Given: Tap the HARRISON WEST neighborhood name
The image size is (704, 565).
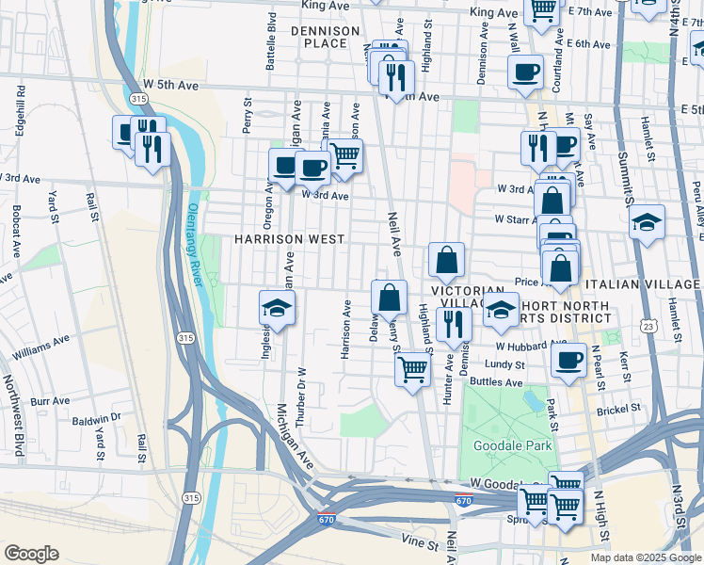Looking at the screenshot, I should coord(289,240).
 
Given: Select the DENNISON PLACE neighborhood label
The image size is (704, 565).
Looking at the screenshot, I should coord(325,37).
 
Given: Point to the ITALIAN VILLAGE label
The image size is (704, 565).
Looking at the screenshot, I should coord(642,284).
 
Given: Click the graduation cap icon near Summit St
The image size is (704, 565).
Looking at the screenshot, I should coord(647,223).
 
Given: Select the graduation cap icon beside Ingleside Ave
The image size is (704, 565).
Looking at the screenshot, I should coord(278,308).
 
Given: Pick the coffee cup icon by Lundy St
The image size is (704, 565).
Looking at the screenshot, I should coord(568,360).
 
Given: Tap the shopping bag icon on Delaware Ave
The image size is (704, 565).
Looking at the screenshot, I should coord(389,299).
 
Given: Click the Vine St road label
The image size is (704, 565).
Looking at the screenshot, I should coord(419,543).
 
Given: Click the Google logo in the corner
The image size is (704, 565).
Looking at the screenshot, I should coord(31,554).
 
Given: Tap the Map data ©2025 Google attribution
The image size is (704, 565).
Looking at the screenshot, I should coord(646,557).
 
